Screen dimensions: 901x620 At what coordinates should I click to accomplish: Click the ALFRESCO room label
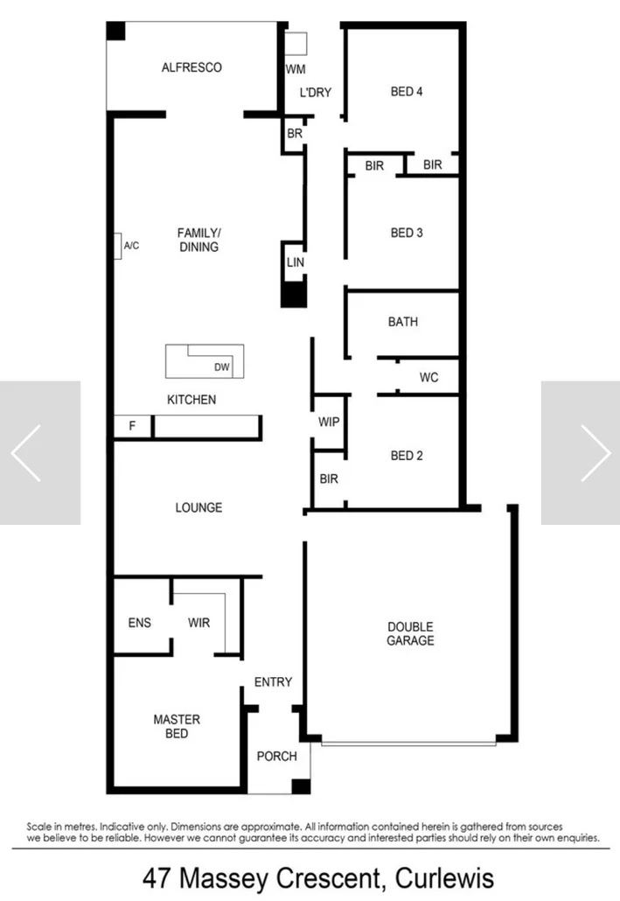tap(192, 67)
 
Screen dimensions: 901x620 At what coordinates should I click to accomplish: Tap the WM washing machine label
tap(295, 68)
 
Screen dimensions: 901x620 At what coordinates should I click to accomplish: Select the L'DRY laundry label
tap(315, 92)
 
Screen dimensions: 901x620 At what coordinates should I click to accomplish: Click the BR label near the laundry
tap(295, 134)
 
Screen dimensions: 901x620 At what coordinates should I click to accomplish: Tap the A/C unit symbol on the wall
tap(117, 246)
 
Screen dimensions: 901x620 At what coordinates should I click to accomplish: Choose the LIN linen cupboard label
tap(295, 262)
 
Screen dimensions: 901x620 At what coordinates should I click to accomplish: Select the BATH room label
tap(402, 322)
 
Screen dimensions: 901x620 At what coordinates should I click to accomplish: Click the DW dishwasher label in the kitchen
tap(222, 367)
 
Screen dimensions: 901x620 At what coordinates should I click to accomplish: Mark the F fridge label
tap(133, 426)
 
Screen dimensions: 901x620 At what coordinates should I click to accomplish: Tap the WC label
tap(428, 378)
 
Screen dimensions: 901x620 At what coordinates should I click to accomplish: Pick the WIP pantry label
tap(329, 422)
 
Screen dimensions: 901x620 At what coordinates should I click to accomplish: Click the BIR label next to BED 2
tap(329, 479)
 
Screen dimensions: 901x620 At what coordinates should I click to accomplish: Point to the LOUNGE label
tap(199, 507)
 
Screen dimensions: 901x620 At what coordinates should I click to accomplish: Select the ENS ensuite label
tap(140, 623)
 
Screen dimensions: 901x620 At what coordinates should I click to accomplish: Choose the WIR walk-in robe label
tap(199, 623)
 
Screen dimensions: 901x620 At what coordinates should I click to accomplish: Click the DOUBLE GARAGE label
tap(410, 633)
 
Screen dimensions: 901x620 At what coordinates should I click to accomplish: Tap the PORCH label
tap(276, 756)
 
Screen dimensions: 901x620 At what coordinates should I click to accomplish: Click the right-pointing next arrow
tap(595, 452)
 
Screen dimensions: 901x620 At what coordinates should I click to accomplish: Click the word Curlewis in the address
tap(445, 877)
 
